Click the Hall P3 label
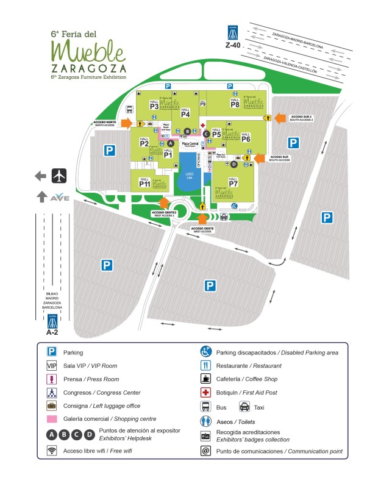(154, 105)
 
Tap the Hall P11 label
(144, 182)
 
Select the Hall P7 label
(233, 182)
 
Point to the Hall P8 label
(235, 102)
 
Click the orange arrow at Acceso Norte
(126, 124)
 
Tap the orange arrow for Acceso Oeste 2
(163, 202)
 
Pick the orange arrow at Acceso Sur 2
(280, 117)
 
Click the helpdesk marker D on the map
(234, 163)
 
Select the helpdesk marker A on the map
(171, 143)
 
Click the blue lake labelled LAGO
(189, 174)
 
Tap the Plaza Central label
(199, 143)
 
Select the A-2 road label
(52, 332)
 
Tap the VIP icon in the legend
(52, 366)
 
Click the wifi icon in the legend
(52, 451)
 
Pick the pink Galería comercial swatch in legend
(52, 419)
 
